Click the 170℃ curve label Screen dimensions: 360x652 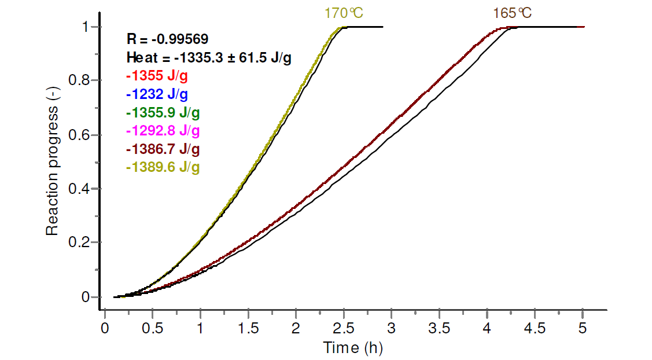pos(343,13)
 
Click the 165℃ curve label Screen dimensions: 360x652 pos(512,13)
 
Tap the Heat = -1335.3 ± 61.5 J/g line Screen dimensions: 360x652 pos(209,57)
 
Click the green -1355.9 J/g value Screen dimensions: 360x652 pos(163,112)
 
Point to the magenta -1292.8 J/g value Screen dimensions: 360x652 pos(163,131)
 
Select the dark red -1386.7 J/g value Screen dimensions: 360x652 pos(163,149)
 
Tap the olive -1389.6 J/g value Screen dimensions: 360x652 pos(163,167)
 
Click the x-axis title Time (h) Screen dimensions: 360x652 pos(353,348)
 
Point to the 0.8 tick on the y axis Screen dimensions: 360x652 pos(79,80)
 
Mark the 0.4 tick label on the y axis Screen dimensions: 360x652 pos(79,189)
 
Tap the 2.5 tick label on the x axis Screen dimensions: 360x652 pos(344,328)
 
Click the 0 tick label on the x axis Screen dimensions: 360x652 pos(105,328)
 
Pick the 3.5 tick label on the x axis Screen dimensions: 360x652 pos(439,328)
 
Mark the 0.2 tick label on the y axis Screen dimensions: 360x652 pos(79,243)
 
